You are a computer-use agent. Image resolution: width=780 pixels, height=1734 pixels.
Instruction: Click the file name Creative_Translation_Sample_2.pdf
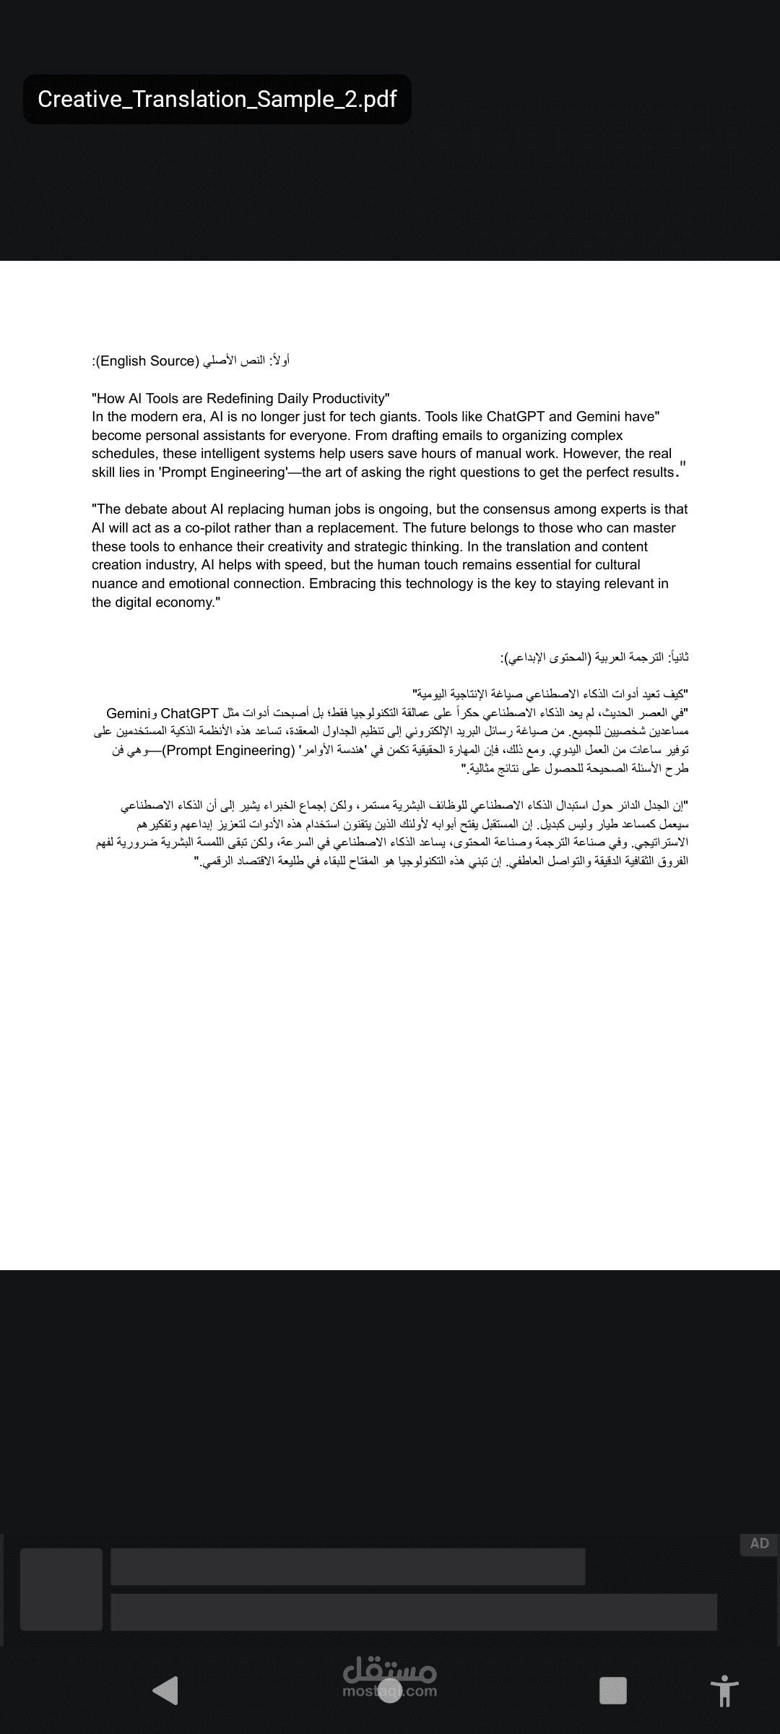pos(217,99)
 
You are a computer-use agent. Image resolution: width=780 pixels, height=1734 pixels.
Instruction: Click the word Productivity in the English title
pos(350,398)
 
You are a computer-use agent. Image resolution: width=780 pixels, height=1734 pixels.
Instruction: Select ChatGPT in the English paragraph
pos(516,417)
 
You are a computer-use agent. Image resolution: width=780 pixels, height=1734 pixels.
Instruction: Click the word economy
pos(183,603)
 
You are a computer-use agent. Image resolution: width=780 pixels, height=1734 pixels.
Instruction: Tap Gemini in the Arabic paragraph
pos(128,713)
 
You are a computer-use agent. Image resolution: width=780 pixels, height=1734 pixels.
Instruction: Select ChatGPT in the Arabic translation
pos(190,713)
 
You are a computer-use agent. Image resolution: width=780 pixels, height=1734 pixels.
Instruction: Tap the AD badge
pos(759,1544)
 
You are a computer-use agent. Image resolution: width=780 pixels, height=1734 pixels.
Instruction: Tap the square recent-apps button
pos(612,1691)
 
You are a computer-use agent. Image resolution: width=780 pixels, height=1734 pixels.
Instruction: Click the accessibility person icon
pos(724,1691)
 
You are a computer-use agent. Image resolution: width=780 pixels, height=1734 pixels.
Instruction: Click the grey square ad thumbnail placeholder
pos(61,1589)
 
